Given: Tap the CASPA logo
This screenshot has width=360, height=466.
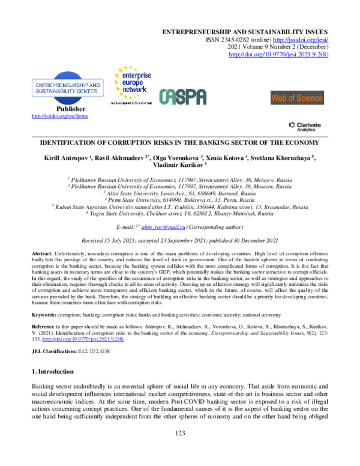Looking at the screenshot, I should (x=182, y=97).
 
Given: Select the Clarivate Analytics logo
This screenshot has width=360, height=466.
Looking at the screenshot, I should (x=304, y=126).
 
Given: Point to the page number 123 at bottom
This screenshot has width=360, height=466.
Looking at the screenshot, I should (x=179, y=450).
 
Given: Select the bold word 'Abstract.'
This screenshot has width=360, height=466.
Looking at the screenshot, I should (x=44, y=256).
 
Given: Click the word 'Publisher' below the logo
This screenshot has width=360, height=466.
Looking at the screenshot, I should (x=59, y=109).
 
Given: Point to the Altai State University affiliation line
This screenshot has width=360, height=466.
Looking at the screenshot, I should (x=179, y=195).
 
